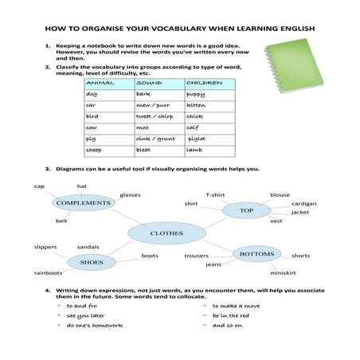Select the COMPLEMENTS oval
pos(83,203)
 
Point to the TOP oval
pos(246,210)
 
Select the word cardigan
pos(303,204)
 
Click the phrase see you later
pos(85,315)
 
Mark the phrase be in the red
pos(230,315)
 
